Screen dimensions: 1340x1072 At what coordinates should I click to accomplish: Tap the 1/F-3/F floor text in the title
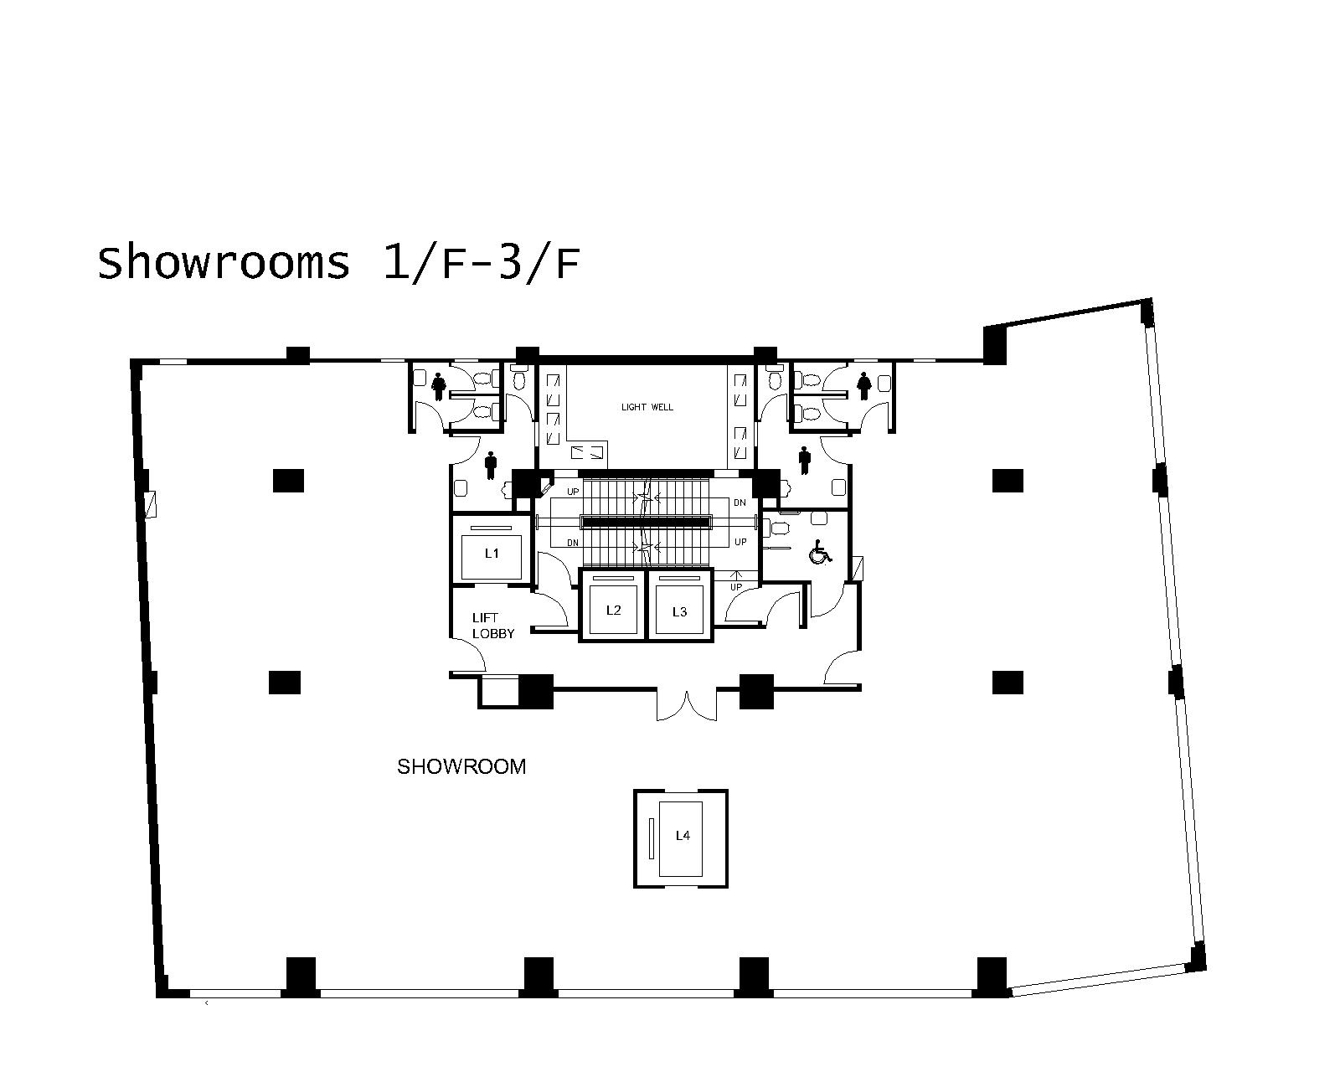tap(482, 264)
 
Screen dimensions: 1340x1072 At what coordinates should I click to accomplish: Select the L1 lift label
tap(492, 553)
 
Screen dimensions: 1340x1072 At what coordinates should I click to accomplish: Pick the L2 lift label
tap(614, 611)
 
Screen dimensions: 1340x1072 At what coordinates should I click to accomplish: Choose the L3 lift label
tap(679, 612)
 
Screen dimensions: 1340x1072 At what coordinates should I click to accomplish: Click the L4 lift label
tap(683, 836)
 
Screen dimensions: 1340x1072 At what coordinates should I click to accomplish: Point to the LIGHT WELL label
tap(647, 407)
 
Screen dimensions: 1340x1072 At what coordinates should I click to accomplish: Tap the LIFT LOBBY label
tap(493, 626)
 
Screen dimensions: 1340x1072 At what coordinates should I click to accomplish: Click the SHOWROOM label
tap(461, 767)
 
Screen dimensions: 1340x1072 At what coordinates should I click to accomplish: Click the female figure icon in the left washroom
tap(439, 386)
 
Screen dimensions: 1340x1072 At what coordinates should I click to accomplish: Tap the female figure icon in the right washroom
tap(863, 386)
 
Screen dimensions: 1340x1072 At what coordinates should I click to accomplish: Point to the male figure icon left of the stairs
tap(492, 466)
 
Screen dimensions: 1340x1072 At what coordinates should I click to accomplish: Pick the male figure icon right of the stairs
tap(805, 460)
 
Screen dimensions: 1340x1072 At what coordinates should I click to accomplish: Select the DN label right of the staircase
tap(740, 502)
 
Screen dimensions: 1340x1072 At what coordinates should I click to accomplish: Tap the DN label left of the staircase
tap(573, 544)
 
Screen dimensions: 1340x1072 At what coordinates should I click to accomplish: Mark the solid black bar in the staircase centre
tap(647, 522)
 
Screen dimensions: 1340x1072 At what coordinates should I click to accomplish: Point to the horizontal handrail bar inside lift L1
tap(492, 528)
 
